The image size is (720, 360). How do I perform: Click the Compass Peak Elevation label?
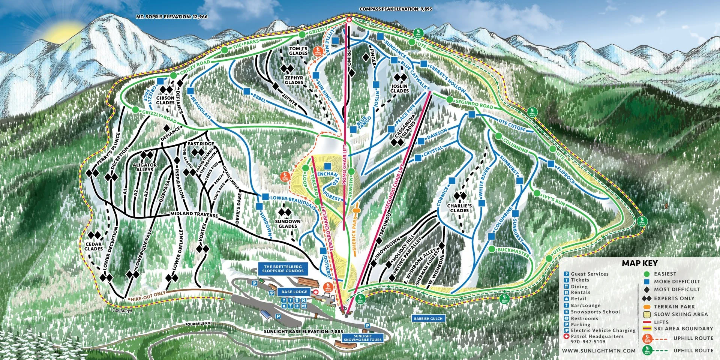[x=396, y=9]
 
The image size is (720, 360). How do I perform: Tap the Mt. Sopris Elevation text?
[x=172, y=17]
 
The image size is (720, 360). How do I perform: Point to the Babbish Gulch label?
[x=428, y=318]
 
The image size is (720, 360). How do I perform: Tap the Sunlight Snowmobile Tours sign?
[x=363, y=338]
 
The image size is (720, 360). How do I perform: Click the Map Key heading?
[x=639, y=263]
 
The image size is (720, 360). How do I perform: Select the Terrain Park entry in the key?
[x=674, y=306]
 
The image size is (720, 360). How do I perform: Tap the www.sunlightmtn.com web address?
[x=598, y=351]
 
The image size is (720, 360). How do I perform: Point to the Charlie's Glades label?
[x=459, y=208]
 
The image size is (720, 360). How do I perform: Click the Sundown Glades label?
[x=288, y=223]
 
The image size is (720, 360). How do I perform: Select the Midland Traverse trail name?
[x=194, y=214]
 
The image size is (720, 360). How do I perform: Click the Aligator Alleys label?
[x=145, y=167]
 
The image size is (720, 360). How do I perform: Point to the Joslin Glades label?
[x=399, y=88]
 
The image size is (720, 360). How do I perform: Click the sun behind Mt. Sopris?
[x=62, y=31]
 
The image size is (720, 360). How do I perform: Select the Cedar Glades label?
[x=93, y=246]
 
